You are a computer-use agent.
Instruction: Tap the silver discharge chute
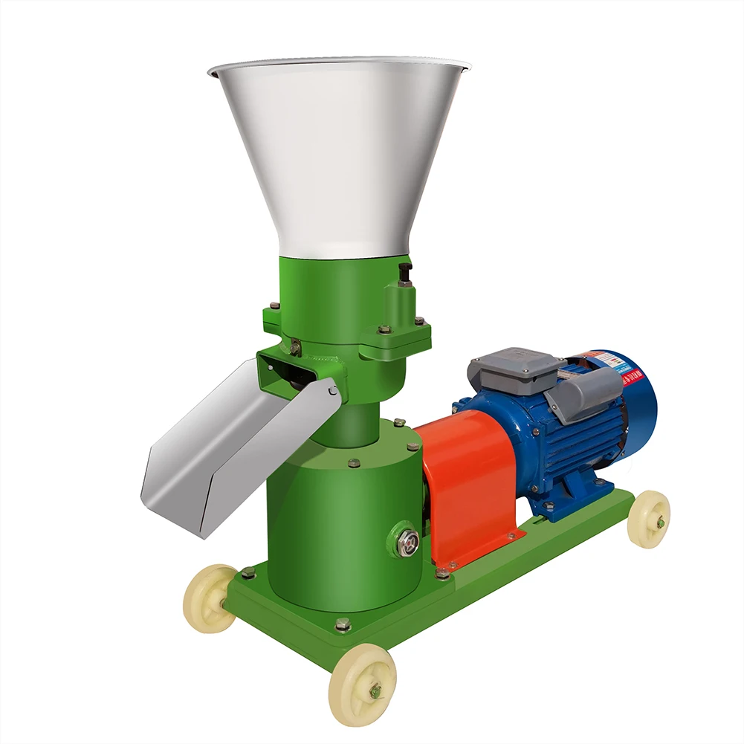coord(223,446)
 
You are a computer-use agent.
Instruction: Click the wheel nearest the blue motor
coord(648,519)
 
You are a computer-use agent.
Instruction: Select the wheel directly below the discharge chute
coord(210,598)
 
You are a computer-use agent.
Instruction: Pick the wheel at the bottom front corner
coord(362,685)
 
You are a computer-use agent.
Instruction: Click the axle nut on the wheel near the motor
coord(659,522)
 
